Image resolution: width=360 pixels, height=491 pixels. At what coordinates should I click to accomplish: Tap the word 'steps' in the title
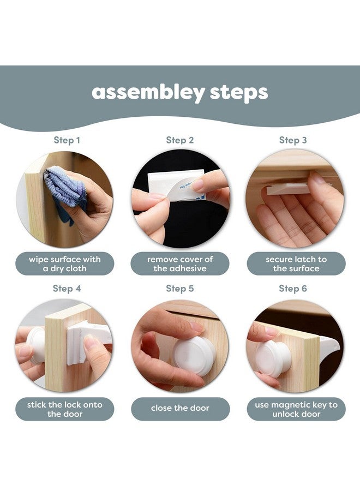239,92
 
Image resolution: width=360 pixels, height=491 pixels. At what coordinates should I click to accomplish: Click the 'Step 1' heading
67,140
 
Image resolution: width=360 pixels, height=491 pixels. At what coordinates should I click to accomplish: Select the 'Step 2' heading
179,140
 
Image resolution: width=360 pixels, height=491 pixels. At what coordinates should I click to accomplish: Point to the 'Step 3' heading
293,140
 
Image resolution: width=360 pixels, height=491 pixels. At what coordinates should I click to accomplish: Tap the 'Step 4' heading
67,289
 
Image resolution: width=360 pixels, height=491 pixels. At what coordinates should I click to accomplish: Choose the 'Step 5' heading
179,289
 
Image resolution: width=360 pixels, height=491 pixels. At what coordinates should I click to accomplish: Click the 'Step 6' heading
293,289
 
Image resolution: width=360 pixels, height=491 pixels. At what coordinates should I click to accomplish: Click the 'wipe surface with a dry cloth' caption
65,264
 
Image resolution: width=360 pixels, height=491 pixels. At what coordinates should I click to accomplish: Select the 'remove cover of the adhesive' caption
180,264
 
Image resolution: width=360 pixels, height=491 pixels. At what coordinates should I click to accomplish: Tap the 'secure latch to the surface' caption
296,264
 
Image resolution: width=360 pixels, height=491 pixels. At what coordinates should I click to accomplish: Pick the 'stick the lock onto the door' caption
65,409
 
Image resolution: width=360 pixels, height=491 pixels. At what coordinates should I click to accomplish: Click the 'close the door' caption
180,408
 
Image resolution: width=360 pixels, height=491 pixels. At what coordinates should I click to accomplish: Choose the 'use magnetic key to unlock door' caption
296,409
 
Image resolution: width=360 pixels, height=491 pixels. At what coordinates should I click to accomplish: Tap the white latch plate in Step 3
288,189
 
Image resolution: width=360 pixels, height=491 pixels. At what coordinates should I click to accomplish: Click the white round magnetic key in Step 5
195,356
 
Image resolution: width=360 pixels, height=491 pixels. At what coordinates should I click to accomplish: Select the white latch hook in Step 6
329,346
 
